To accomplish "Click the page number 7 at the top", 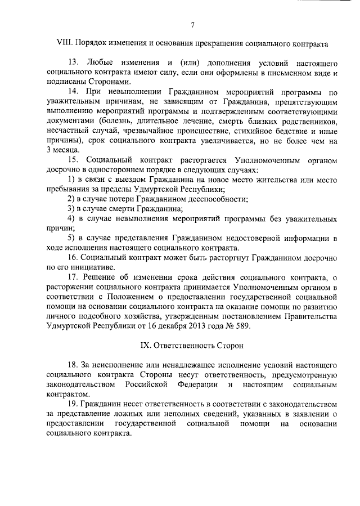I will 192,24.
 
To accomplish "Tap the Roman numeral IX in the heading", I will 145,343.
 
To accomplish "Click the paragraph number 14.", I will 72,91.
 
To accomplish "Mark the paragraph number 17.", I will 72,277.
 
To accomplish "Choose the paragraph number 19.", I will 72,405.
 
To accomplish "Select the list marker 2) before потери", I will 71,199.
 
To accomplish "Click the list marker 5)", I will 71,239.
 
